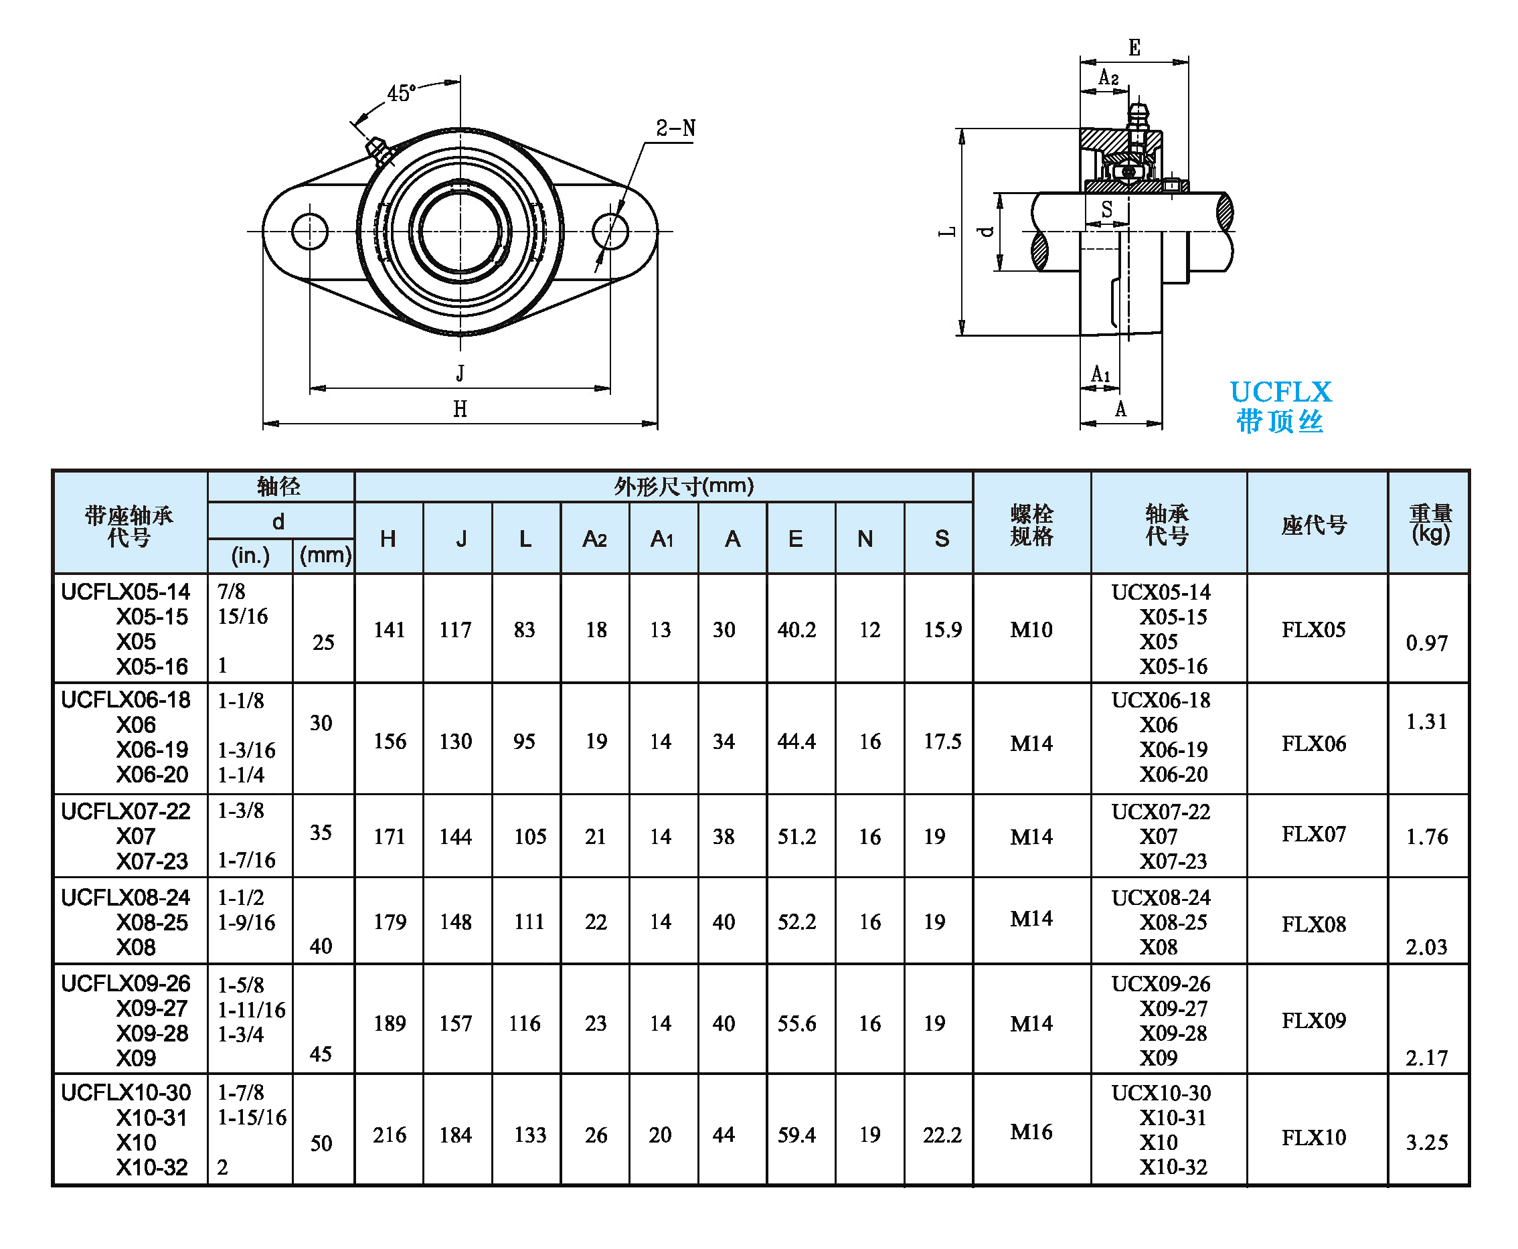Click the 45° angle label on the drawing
pos(401,93)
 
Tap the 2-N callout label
pos(675,129)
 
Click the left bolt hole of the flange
pos(310,232)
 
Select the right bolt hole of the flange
pos(610,232)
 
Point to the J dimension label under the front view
pos(460,373)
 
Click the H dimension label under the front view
pos(460,409)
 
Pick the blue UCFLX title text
pos(1280,392)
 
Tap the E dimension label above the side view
pos(1134,48)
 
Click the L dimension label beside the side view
pos(948,232)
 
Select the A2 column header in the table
pos(595,538)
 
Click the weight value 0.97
pos(1426,643)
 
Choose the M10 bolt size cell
pos(1031,630)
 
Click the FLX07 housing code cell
pos(1313,834)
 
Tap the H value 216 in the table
pos(390,1135)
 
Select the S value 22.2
pos(942,1135)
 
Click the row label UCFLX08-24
pos(125,897)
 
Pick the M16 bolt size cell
pos(1031,1132)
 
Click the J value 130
pos(455,741)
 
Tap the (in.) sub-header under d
pos(250,556)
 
